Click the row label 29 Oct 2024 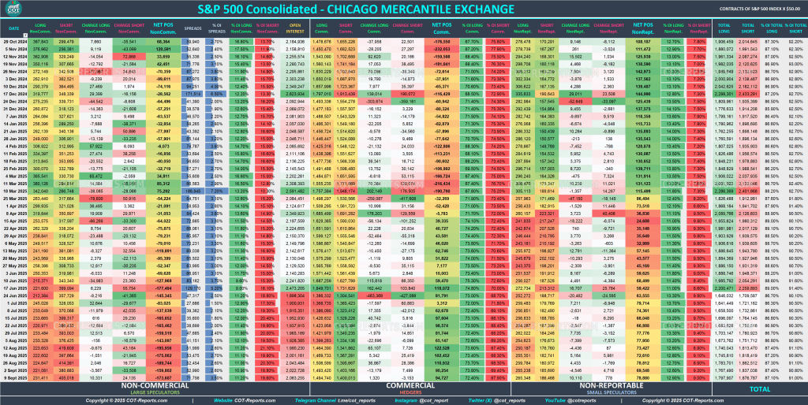coord(15,41)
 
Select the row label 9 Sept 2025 coord(15,377)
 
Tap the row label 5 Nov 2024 coord(15,48)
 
